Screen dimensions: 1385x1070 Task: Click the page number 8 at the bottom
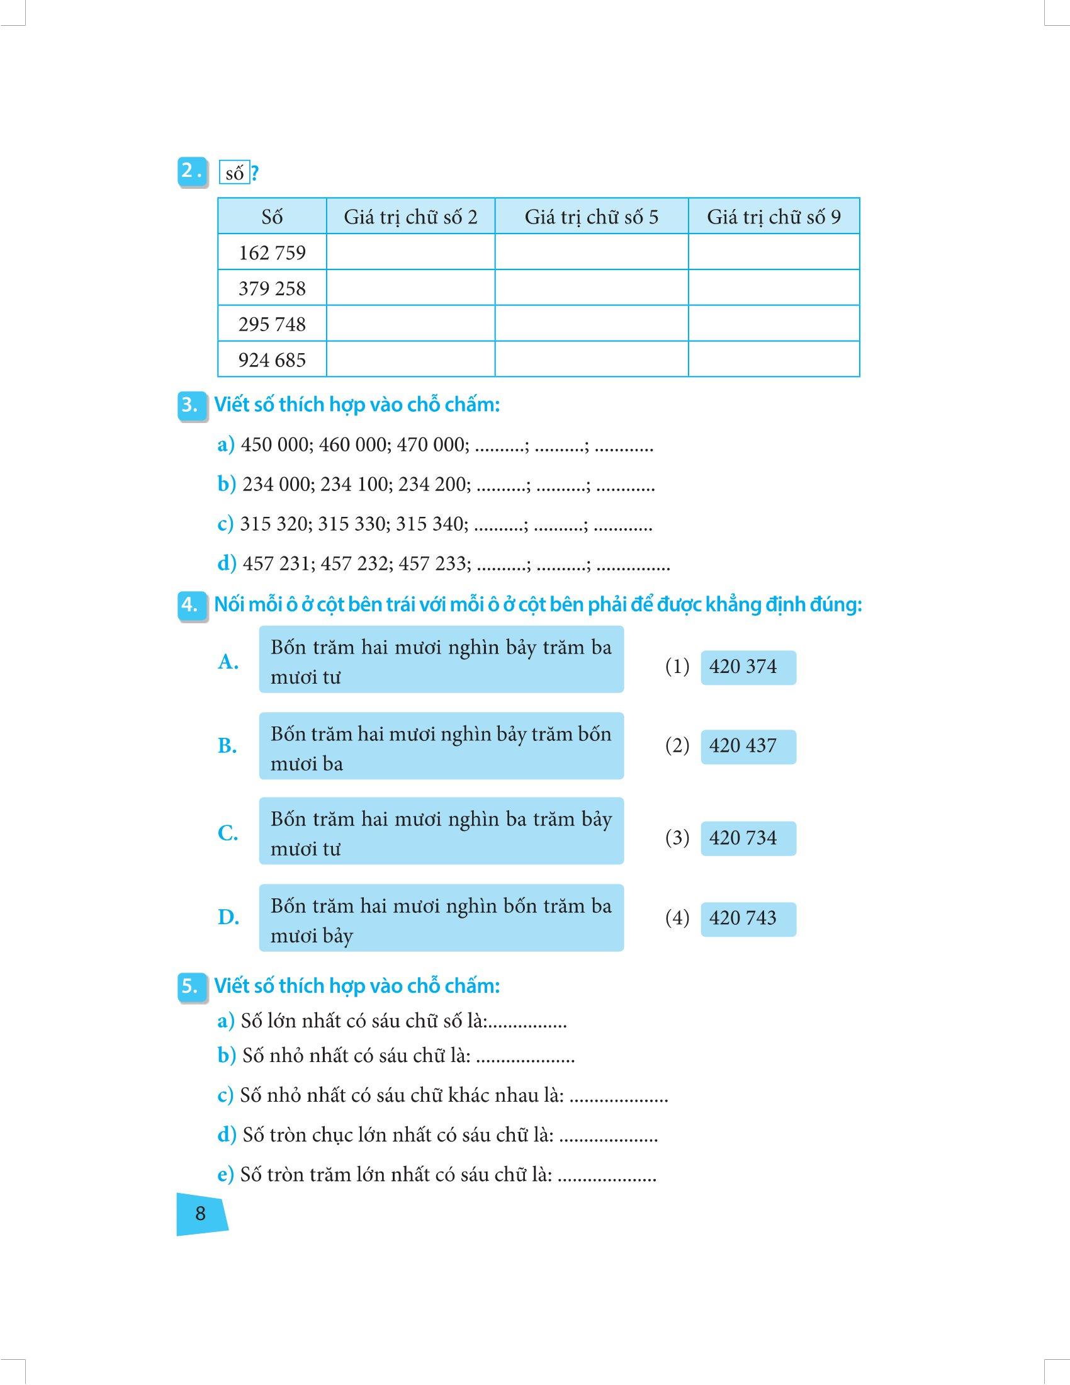(x=200, y=1213)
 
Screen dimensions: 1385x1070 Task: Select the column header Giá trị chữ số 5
(x=592, y=217)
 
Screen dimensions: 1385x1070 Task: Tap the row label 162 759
(x=272, y=253)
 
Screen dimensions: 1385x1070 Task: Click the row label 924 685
(x=272, y=360)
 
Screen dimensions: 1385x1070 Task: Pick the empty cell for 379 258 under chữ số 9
(x=774, y=288)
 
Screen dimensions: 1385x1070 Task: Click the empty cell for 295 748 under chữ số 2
(x=410, y=324)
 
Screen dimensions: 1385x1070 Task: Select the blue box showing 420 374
(x=748, y=667)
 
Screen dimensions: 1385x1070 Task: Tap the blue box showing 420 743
(x=748, y=919)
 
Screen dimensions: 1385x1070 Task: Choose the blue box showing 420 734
(x=748, y=839)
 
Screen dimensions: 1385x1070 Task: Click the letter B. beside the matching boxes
(x=227, y=746)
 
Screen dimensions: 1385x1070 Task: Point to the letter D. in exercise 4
(x=228, y=917)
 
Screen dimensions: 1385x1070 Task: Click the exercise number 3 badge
(x=190, y=405)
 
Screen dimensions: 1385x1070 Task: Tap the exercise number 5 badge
(x=190, y=986)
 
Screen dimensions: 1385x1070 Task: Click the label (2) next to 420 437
(x=677, y=746)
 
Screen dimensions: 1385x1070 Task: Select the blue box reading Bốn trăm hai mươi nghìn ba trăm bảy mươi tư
(x=441, y=832)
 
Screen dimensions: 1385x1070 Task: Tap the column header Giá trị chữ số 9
(x=774, y=217)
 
